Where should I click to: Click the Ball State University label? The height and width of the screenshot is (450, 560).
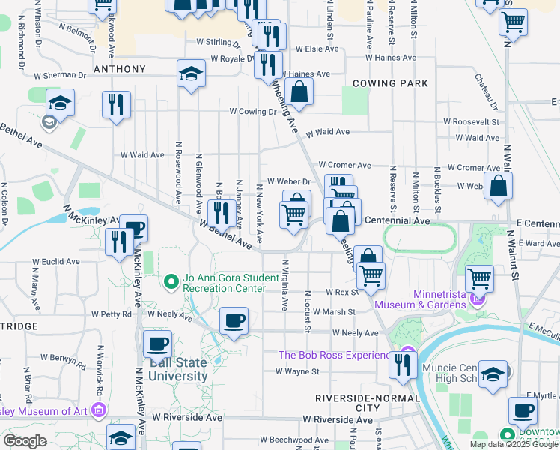pos(177,368)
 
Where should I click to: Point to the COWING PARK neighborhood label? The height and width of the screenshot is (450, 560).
pos(390,83)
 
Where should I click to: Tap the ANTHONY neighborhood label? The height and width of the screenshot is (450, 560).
pos(119,69)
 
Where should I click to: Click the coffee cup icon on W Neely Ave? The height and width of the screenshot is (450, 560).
pos(234,321)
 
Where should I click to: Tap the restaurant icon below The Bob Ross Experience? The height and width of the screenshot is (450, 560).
pos(403,364)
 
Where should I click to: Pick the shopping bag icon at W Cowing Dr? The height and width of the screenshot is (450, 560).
pos(299,92)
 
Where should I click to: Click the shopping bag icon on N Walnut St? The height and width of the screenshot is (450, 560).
pos(498,186)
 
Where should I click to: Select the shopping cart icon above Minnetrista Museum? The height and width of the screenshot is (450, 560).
pos(480,278)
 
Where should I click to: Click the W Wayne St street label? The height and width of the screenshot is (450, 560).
pos(297,371)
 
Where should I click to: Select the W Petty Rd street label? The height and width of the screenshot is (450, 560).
pos(111,314)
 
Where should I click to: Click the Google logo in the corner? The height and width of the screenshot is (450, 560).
pos(25,441)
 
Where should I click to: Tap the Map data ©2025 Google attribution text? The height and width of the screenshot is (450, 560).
pos(513,444)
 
